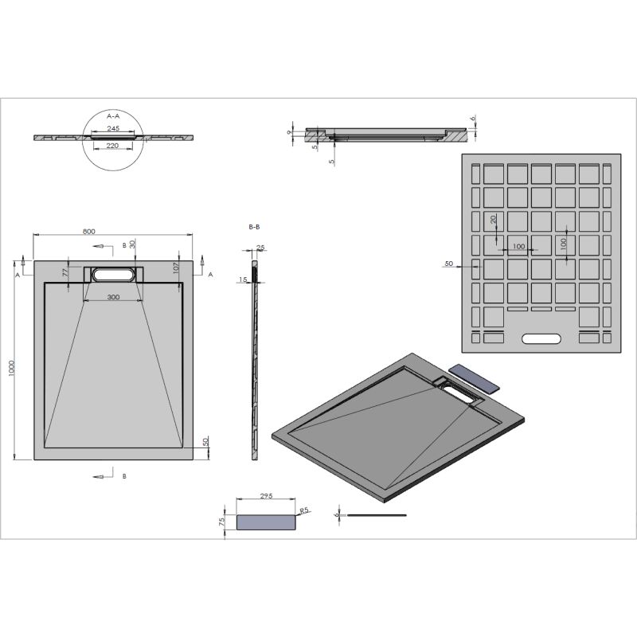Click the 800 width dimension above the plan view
(88, 231)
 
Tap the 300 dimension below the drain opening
(112, 296)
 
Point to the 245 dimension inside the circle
(112, 129)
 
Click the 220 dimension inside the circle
(112, 146)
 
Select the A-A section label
(112, 115)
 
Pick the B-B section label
(255, 228)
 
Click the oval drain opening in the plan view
(111, 274)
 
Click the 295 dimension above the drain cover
(267, 496)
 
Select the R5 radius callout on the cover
(303, 510)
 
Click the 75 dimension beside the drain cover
(222, 522)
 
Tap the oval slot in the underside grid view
(541, 338)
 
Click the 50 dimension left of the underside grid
(448, 263)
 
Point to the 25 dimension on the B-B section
(260, 248)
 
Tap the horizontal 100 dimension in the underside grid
(519, 247)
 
